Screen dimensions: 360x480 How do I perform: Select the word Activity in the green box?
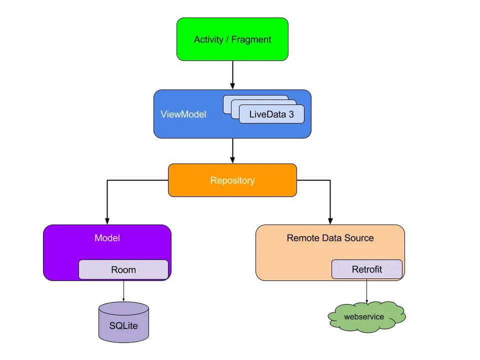[208, 39]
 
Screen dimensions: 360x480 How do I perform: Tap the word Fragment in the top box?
[251, 39]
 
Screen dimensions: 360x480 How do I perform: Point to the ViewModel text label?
[183, 114]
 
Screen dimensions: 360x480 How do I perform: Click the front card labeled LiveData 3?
[271, 114]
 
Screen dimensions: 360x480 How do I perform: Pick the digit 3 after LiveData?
[291, 114]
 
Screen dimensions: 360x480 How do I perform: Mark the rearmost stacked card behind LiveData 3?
[255, 98]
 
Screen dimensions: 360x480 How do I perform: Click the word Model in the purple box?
[107, 238]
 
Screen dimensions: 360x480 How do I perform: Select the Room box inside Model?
[123, 269]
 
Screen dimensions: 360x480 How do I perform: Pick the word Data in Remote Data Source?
[331, 238]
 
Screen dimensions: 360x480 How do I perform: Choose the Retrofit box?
[366, 269]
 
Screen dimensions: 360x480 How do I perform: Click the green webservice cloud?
[366, 317]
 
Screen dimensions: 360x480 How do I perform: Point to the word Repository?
[232, 180]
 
